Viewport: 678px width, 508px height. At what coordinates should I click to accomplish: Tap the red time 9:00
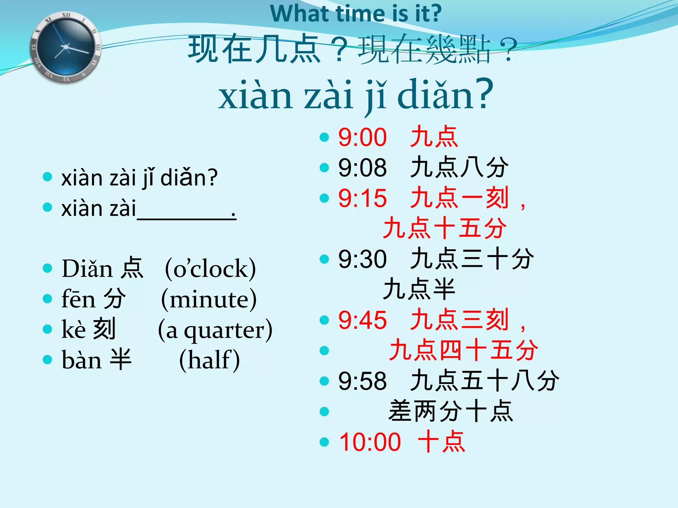coord(362,137)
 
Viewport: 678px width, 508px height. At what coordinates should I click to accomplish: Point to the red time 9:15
coord(362,198)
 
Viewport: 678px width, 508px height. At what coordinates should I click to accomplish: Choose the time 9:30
coord(362,259)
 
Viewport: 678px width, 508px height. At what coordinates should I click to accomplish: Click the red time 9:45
coord(362,320)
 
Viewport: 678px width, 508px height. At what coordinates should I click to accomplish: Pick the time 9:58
coord(362,381)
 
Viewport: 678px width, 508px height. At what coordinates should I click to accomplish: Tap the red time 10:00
coord(370,442)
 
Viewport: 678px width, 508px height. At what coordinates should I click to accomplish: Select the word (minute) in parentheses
coord(209,299)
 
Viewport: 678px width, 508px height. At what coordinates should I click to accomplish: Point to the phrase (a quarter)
coord(215,330)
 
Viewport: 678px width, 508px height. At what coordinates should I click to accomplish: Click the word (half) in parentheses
coord(209,360)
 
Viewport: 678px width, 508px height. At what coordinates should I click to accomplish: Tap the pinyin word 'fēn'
coord(78,299)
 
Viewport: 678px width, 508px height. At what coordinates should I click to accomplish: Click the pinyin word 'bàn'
coord(81,360)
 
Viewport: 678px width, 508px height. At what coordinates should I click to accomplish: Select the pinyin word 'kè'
coord(74,330)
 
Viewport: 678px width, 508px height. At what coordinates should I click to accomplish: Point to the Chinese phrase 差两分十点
coord(451,411)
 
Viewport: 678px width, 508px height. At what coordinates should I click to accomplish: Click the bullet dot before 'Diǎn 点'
coord(48,268)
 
